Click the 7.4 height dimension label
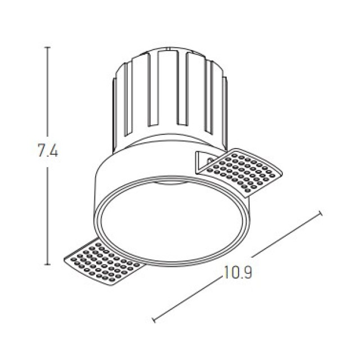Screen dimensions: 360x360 [x=48, y=151]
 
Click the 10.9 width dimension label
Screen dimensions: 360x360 [x=237, y=272]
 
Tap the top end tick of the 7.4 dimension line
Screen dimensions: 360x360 [x=47, y=47]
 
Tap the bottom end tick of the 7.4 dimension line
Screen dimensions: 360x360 [x=47, y=264]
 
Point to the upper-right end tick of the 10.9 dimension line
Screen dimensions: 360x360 [x=321, y=213]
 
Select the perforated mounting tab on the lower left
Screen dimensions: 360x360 [x=103, y=262]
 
